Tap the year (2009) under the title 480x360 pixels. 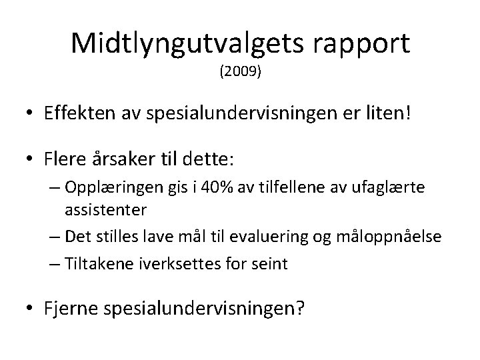tap(240, 71)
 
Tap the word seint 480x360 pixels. tap(269, 263)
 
